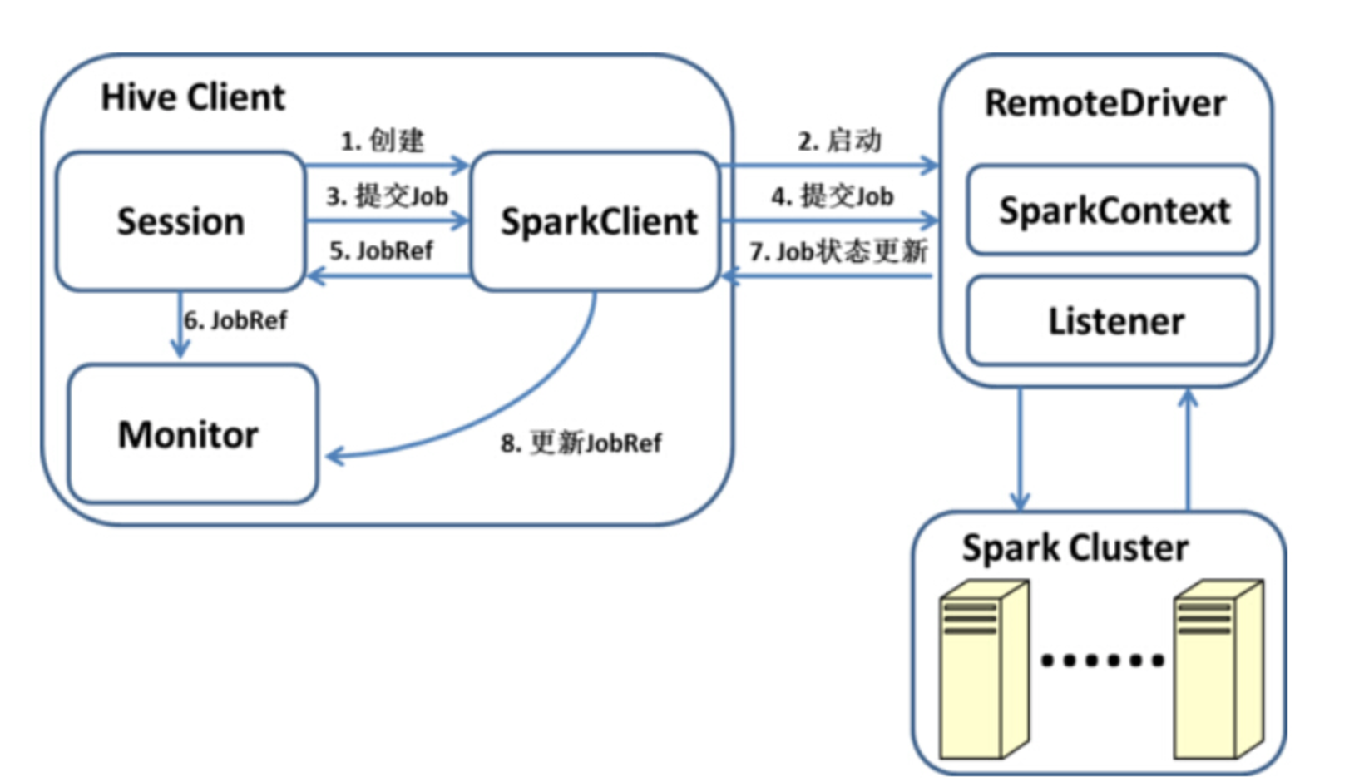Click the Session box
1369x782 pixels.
point(180,221)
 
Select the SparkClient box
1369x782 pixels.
point(596,221)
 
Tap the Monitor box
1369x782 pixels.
point(192,433)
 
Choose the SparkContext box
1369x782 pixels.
point(1113,210)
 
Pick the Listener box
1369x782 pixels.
point(1113,321)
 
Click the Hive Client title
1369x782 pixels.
point(193,97)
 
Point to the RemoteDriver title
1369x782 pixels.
point(1105,103)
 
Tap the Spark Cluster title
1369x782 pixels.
point(1075,547)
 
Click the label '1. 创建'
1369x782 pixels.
point(383,140)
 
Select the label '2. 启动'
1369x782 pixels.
point(840,140)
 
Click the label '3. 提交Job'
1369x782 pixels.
point(387,196)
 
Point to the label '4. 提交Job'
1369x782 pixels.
point(832,196)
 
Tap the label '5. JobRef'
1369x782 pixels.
point(381,250)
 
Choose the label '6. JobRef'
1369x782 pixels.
point(235,320)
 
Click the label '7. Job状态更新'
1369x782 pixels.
point(838,250)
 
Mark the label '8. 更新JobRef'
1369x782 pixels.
point(581,443)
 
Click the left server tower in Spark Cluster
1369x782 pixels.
point(983,670)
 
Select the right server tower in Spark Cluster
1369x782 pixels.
point(1218,670)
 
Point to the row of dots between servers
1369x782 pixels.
point(1101,661)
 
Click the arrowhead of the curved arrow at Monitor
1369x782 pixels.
point(334,456)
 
